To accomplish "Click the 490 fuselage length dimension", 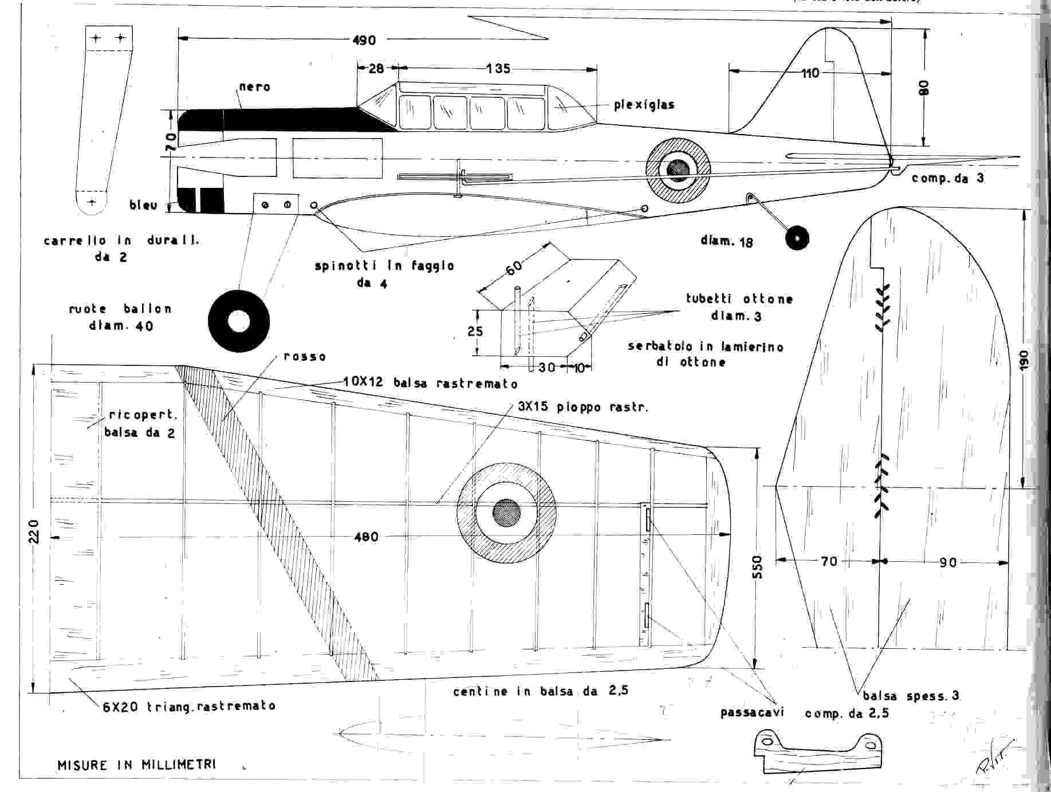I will (364, 40).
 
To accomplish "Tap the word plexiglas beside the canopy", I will (644, 105).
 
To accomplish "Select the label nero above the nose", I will (255, 87).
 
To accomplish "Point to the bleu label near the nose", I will (143, 204).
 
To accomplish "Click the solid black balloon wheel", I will (238, 321).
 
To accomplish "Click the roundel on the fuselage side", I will (678, 168).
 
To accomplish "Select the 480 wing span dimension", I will (366, 537).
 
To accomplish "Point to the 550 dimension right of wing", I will (757, 567).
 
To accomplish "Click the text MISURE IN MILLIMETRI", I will (137, 765).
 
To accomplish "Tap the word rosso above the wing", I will (305, 357).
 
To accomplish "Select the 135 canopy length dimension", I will (498, 69).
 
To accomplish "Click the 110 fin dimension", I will (810, 73).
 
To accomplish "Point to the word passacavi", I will (751, 713).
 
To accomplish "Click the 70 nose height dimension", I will (170, 139).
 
